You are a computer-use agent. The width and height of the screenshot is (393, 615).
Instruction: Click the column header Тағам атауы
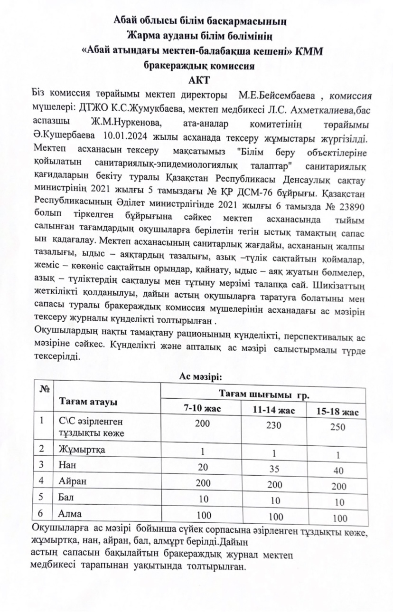[88, 402]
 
